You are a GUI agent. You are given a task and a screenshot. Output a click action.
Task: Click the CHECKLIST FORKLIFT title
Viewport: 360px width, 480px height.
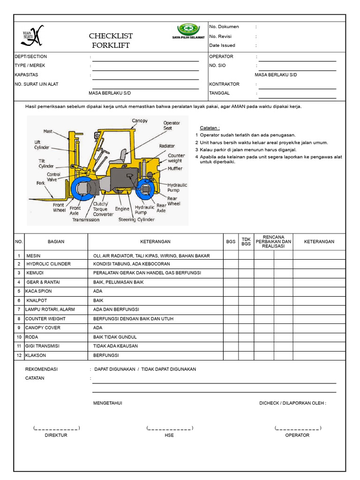[x=111, y=41]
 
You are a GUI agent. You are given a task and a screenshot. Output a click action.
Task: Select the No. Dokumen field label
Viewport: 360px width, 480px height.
[x=224, y=27]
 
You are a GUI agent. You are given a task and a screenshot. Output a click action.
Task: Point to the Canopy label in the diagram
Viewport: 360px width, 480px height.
[x=140, y=121]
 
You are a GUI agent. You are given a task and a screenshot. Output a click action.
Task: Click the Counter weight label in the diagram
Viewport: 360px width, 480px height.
[x=176, y=158]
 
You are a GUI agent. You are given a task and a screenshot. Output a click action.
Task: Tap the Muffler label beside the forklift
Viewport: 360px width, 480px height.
[x=175, y=169]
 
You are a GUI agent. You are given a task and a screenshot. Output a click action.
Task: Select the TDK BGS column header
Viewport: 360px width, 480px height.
[x=246, y=241]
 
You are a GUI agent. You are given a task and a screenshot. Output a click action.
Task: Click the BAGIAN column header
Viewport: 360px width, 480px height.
[x=56, y=242]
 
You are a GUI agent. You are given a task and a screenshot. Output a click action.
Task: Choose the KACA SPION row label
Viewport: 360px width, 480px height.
[x=39, y=291]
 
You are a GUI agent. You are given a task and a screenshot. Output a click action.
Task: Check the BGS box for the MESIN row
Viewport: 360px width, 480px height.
[x=231, y=256]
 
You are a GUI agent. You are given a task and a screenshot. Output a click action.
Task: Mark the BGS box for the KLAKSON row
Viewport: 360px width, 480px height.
[x=231, y=355]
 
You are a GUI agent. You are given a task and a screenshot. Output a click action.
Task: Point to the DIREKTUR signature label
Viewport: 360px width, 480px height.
[x=56, y=435]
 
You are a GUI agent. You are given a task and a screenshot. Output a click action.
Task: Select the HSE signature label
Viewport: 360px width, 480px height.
[x=169, y=435]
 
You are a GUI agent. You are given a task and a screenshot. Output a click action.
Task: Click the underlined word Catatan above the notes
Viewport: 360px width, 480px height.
[x=210, y=128]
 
